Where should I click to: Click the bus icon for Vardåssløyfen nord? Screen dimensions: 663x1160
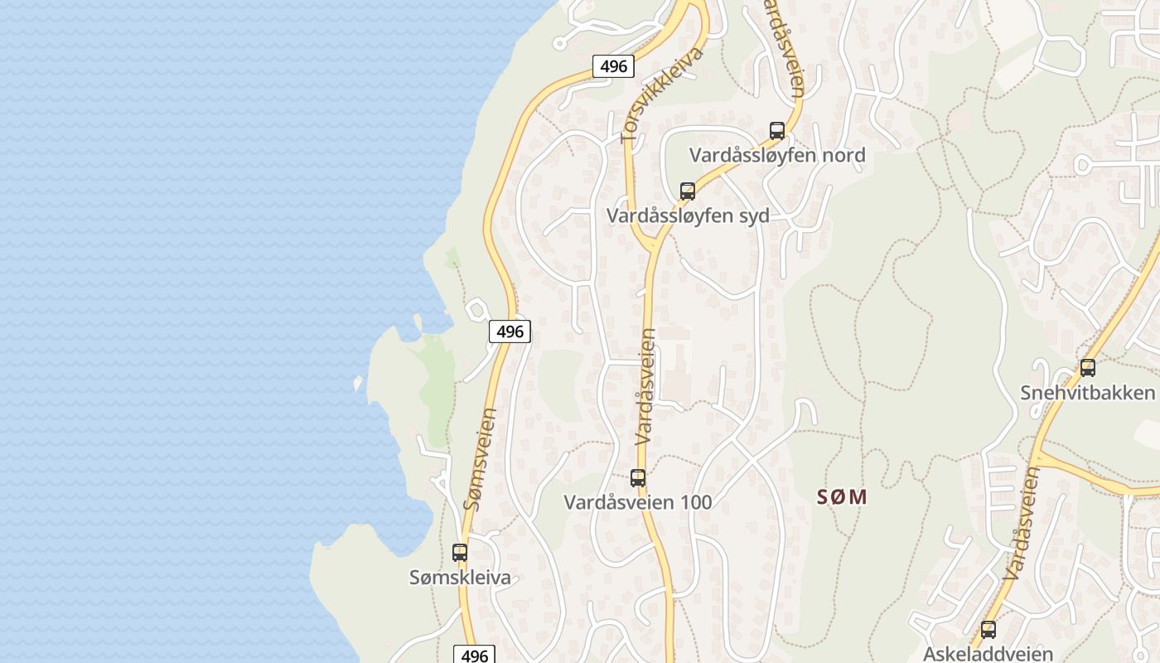[777, 130]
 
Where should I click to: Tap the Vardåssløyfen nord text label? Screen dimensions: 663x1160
[777, 155]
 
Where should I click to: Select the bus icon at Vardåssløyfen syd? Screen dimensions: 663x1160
[688, 191]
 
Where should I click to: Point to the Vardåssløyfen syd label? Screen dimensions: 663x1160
[688, 216]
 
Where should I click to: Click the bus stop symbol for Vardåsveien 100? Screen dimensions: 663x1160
[638, 477]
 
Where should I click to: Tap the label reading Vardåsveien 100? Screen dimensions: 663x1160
[638, 502]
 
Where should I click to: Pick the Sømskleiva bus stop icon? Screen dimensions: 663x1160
[460, 552]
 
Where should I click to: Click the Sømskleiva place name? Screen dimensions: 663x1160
[460, 578]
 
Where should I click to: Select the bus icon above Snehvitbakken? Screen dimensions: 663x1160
[1088, 367]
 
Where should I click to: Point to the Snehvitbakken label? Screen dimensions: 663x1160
[1088, 392]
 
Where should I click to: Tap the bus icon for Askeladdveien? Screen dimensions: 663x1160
[988, 629]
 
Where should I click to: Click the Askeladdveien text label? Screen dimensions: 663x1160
[988, 653]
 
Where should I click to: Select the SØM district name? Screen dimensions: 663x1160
[842, 497]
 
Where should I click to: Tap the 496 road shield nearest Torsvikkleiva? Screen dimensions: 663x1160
[613, 66]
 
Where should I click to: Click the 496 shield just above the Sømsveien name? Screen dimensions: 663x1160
[510, 331]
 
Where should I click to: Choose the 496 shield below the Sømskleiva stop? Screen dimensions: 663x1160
[474, 656]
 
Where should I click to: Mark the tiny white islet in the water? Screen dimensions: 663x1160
[358, 383]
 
